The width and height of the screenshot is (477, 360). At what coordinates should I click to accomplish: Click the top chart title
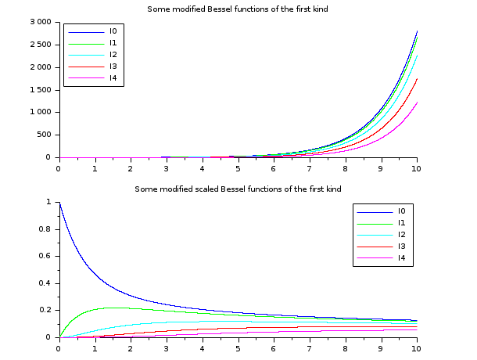point(238,9)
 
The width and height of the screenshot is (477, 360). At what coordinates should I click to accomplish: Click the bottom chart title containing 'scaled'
point(238,189)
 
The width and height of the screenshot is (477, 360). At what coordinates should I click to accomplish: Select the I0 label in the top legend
point(113,31)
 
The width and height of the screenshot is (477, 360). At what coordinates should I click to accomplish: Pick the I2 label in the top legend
point(113,55)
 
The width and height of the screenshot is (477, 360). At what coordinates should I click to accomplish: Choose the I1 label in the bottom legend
point(401,223)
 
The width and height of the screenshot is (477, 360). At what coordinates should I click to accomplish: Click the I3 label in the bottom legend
point(401,247)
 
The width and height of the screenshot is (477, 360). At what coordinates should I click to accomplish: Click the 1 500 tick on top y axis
point(37,90)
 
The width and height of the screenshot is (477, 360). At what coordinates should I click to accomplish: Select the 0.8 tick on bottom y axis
point(46,229)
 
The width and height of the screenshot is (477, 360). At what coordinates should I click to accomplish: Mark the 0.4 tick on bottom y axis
point(46,283)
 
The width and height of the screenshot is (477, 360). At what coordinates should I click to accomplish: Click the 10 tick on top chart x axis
point(417,167)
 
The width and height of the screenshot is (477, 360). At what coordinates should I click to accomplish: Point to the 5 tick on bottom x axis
point(238,347)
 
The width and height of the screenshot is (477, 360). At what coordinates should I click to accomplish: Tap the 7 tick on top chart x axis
point(310,167)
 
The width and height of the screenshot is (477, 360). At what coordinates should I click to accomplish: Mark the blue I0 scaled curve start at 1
point(59,203)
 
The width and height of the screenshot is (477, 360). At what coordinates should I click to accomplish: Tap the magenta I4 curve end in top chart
point(417,102)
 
